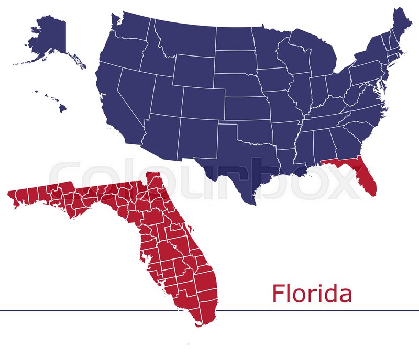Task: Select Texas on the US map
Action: click(236, 157)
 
